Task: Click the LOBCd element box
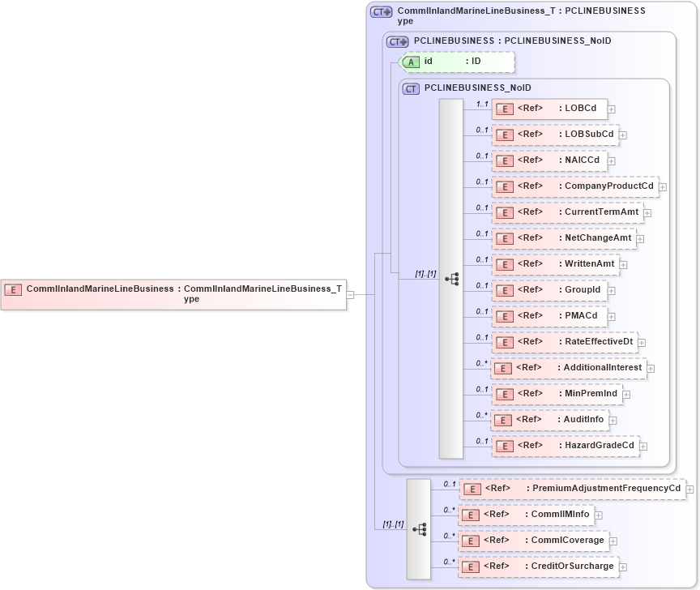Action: (549, 108)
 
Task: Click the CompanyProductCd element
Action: (575, 186)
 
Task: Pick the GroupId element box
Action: (550, 290)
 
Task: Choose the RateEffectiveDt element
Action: (565, 342)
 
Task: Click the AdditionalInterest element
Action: (569, 368)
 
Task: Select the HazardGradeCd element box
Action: (566, 446)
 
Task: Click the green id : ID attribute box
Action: (458, 62)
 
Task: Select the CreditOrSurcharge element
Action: (539, 566)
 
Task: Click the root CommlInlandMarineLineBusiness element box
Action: (173, 293)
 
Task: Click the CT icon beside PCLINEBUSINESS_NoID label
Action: (411, 88)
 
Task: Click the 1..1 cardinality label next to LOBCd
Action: (482, 104)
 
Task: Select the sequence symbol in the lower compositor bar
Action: (419, 529)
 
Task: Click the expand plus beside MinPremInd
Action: (626, 395)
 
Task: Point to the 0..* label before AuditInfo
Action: (482, 415)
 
